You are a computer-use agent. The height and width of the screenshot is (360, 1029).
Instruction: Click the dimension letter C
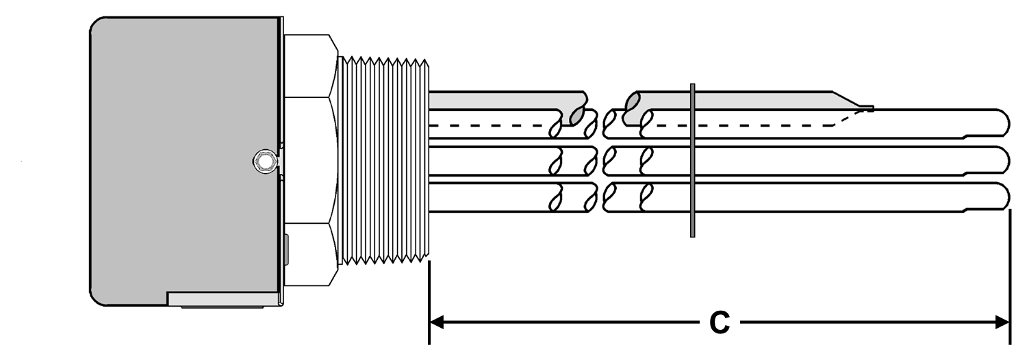pyautogui.click(x=719, y=322)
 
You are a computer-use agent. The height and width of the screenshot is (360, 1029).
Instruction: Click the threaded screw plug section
pyautogui.click(x=383, y=161)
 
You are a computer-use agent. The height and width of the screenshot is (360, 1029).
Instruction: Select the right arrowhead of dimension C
pyautogui.click(x=1002, y=322)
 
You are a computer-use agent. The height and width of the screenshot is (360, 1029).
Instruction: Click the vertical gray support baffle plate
pyautogui.click(x=693, y=161)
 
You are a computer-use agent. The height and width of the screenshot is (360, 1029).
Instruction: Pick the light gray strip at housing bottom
pyautogui.click(x=223, y=299)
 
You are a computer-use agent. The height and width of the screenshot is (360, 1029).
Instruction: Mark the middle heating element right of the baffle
pyautogui.click(x=849, y=160)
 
